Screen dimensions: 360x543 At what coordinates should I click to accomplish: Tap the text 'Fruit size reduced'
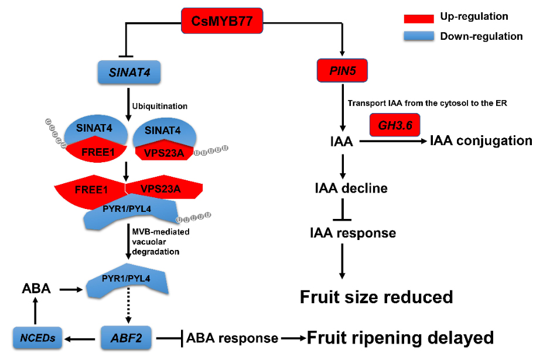[x=377, y=297]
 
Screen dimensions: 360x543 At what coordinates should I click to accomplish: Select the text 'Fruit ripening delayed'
[x=400, y=338]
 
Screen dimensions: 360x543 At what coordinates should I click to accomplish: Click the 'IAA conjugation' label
[x=481, y=140]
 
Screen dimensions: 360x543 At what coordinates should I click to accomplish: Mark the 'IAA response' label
[x=353, y=233]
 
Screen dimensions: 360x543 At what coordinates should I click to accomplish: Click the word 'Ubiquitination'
[x=160, y=106]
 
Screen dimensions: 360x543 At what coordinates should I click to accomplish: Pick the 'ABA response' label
[x=231, y=338]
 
